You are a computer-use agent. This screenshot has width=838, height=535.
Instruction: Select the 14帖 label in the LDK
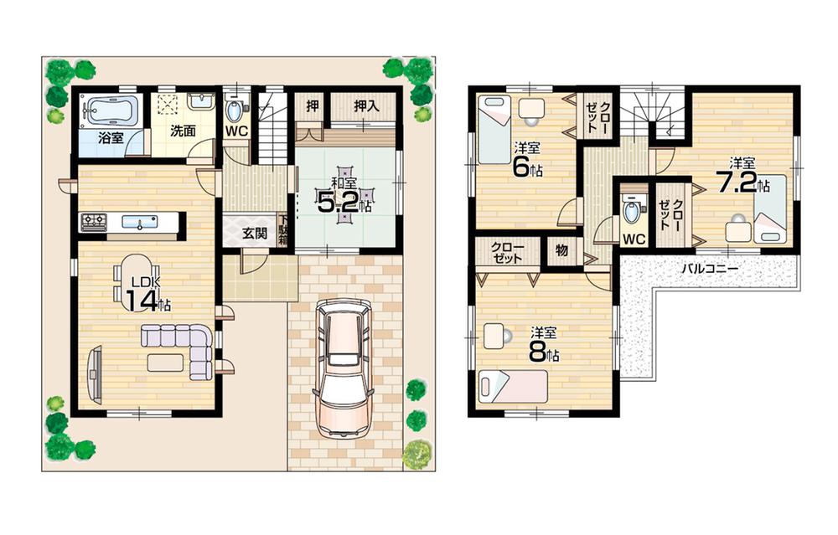click(x=141, y=298)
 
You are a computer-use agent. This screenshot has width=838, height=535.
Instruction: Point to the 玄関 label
click(x=255, y=234)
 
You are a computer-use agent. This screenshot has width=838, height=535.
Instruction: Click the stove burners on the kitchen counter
click(x=93, y=223)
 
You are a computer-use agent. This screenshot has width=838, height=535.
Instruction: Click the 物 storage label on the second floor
click(x=561, y=249)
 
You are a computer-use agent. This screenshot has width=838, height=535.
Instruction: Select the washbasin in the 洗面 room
click(x=200, y=101)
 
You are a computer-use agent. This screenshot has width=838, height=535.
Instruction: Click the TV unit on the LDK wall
click(x=95, y=373)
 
